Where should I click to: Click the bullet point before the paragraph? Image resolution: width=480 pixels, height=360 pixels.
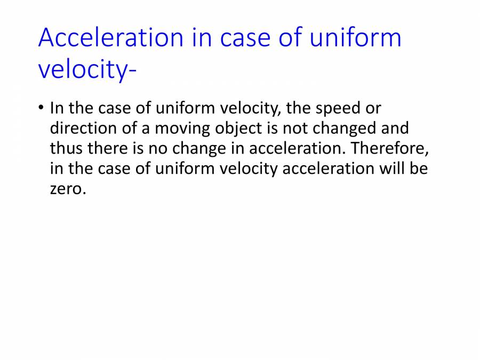pyautogui.click(x=41, y=108)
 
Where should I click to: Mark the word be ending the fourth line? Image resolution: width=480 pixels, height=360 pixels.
pyautogui.click(x=420, y=169)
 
